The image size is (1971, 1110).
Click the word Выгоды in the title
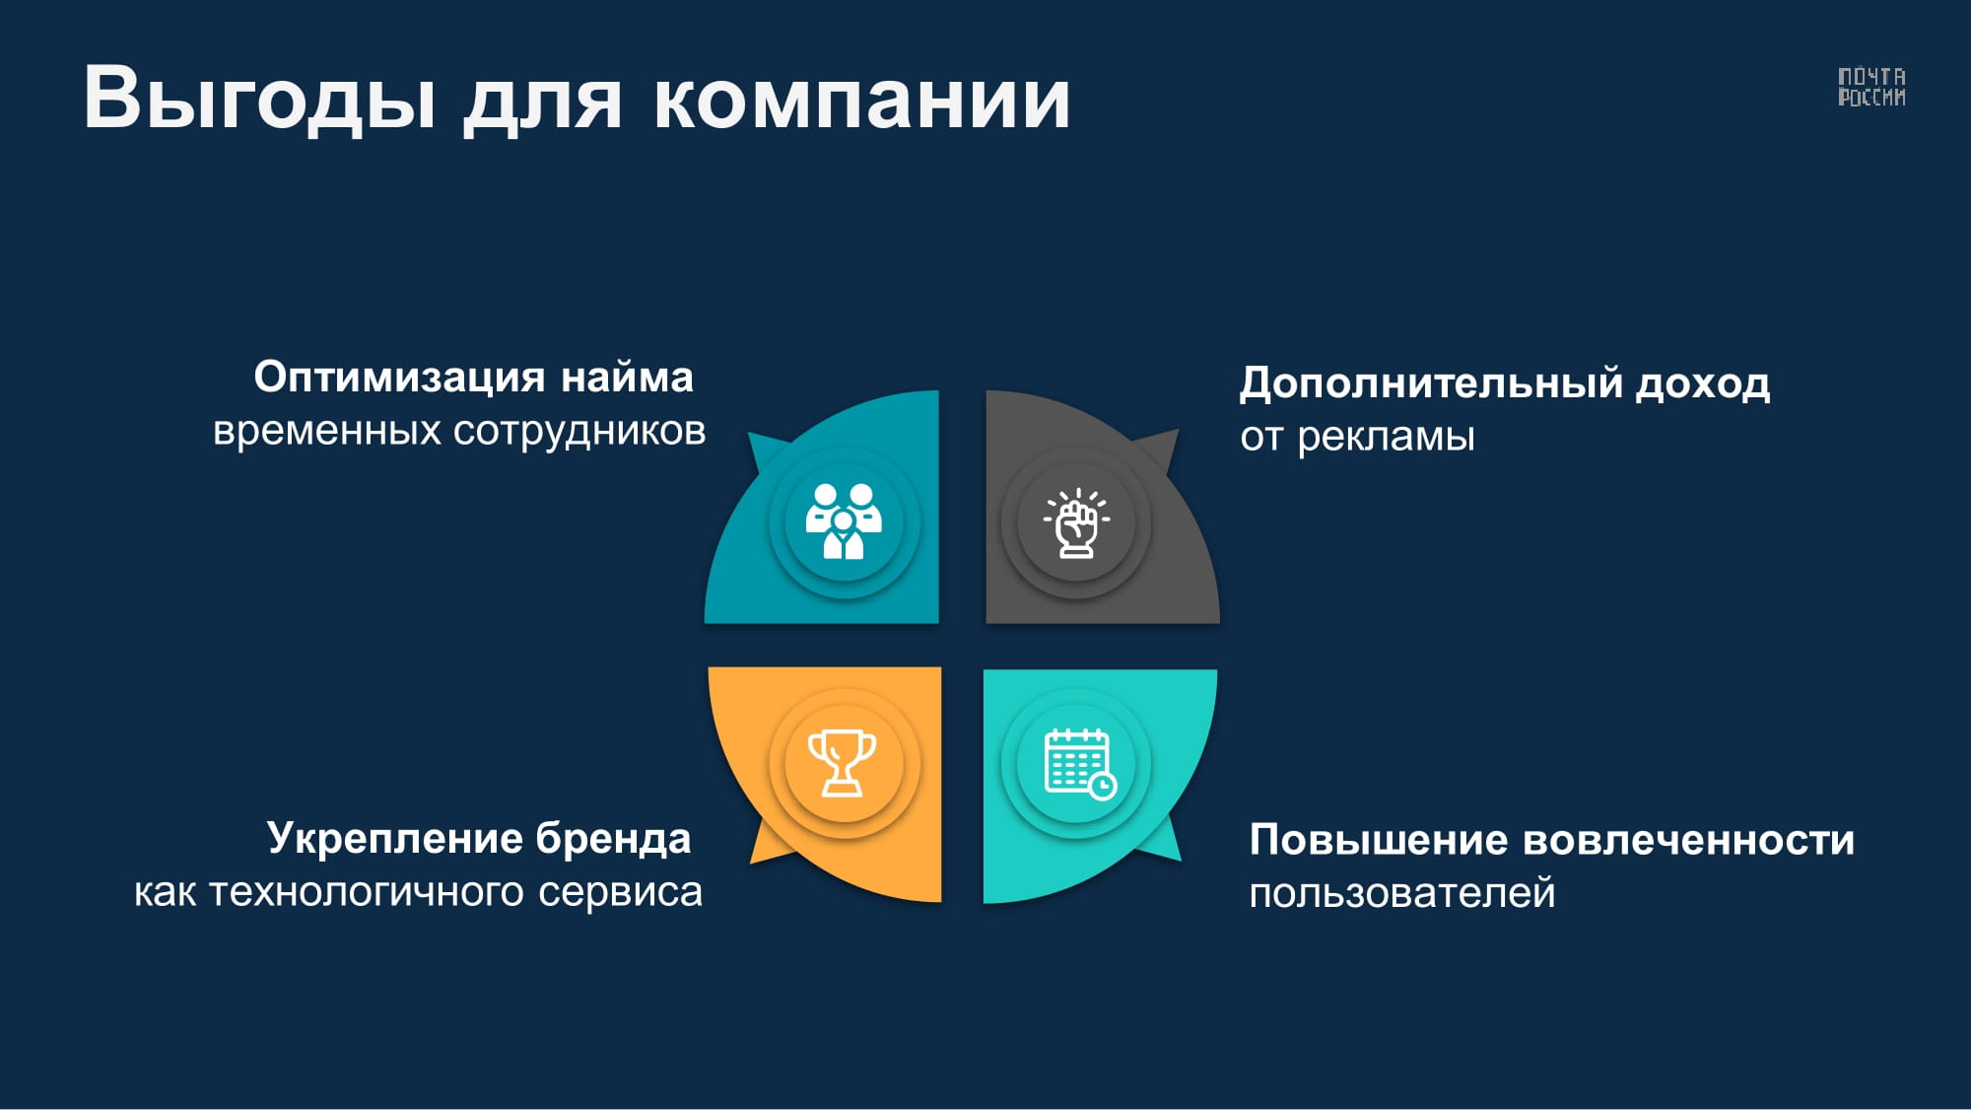(260, 99)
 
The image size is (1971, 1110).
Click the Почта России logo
(1871, 87)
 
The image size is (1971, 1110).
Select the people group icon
(844, 521)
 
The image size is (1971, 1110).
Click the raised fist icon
(1076, 522)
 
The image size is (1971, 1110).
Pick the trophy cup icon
(843, 762)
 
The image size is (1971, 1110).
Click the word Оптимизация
(399, 378)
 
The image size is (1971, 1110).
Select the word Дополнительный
(1432, 383)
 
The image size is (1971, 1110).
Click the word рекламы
(1386, 437)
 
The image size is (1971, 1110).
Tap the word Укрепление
(394, 839)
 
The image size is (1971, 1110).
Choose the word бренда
(613, 839)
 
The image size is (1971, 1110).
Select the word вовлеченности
(1689, 841)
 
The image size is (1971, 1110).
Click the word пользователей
(1402, 894)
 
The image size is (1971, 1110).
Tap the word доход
(1703, 383)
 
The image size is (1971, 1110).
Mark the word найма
(627, 378)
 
